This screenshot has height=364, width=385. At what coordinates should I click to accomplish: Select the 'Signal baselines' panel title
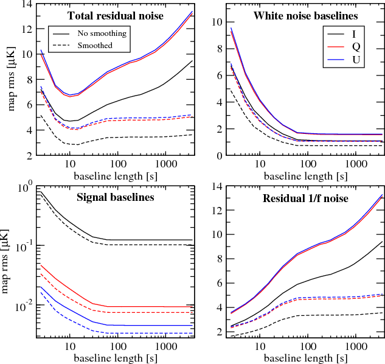116,197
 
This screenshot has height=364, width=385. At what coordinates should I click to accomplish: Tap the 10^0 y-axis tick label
24,187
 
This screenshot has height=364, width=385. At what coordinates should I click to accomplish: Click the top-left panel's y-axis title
11,80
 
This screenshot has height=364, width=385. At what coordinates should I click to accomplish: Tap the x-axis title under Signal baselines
115,355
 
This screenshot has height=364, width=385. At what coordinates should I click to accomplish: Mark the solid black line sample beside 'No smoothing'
61,33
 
